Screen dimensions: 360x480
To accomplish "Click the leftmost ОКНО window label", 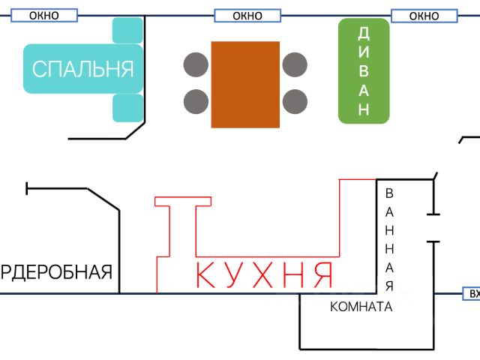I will [x=43, y=16].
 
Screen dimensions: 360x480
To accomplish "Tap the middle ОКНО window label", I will [x=247, y=16].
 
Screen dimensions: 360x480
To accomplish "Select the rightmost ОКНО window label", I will [x=424, y=16].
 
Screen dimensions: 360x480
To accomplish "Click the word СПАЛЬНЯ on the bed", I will [x=82, y=69].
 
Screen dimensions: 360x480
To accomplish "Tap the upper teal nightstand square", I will [x=127, y=31].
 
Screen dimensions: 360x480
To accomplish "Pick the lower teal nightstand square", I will [x=127, y=108].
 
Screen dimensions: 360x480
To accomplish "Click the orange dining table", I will [x=245, y=84].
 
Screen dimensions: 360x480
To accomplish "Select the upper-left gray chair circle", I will [x=196, y=64].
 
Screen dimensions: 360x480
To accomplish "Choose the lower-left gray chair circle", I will [x=196, y=100].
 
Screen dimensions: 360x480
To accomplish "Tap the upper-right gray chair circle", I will [x=295, y=64].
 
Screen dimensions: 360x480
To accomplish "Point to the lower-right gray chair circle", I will [x=295, y=100].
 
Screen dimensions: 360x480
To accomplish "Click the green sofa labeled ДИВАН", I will [x=364, y=71].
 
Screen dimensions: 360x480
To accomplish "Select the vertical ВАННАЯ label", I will [x=389, y=240].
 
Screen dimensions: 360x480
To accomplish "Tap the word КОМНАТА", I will [x=361, y=307].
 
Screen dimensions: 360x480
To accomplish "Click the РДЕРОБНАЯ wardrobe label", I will [x=56, y=271].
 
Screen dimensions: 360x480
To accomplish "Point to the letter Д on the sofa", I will [x=364, y=33].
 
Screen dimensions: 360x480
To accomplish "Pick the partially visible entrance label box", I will [x=472, y=294].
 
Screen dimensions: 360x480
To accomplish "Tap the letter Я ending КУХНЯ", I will [x=322, y=275].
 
